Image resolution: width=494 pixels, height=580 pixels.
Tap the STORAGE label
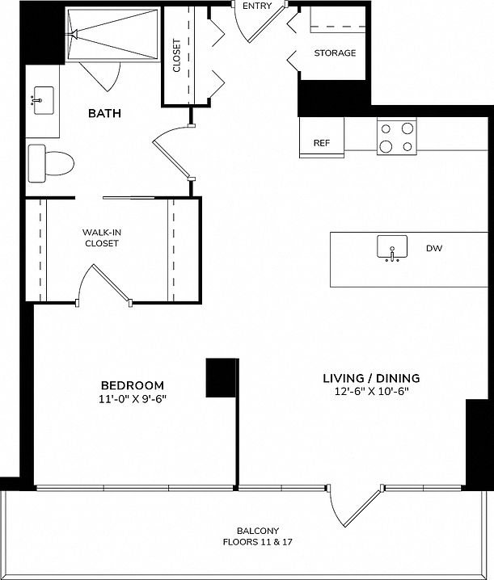pos(335,53)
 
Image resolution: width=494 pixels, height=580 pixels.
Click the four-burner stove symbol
pos(397,136)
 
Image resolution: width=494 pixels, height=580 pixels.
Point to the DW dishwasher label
pos(433,250)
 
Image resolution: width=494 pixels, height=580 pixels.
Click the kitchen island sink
pos(393,249)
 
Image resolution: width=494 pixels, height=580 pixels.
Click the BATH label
pos(104,114)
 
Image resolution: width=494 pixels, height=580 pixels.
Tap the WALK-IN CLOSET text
pos(102,237)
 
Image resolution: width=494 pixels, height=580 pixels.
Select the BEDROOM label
pos(132,385)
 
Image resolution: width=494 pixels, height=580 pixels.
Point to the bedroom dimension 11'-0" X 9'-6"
pos(132,398)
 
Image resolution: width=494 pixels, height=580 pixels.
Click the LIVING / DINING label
pos(371,378)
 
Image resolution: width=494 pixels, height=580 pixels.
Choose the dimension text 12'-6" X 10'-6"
pos(371,392)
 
